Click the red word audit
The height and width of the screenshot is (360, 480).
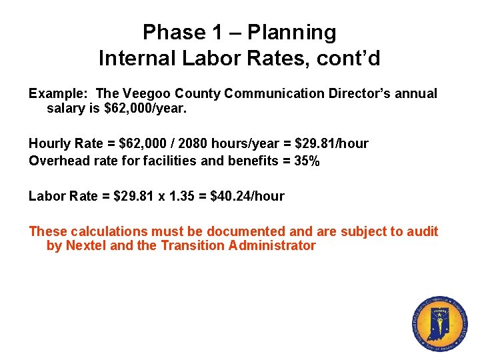point(422,231)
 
